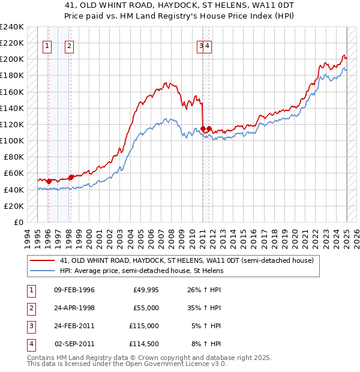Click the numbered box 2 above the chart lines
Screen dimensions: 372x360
click(70, 46)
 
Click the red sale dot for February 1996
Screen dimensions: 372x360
click(49, 181)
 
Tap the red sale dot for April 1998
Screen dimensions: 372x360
click(71, 177)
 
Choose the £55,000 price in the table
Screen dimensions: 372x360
click(146, 308)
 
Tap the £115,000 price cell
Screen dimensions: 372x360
click(145, 326)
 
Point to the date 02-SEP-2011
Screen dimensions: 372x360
click(74, 344)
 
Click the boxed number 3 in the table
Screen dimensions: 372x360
click(30, 326)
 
